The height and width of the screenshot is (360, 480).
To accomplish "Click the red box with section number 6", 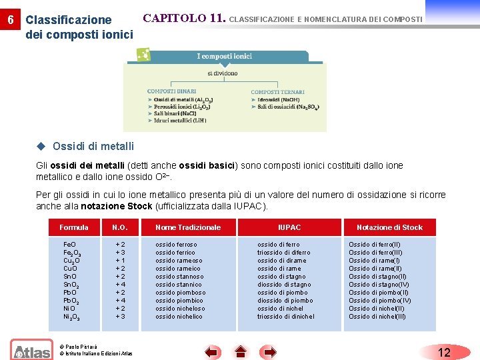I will point(9,19).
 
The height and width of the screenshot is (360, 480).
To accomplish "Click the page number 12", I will point(445,353).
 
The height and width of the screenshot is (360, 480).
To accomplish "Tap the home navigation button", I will point(241,353).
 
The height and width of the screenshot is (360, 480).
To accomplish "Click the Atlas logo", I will point(31,350).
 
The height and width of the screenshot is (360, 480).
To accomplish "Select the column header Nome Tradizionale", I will point(188,227).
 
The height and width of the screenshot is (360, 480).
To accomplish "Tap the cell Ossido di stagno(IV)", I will point(379,285).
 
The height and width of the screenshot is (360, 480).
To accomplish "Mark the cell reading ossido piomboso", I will point(180,293).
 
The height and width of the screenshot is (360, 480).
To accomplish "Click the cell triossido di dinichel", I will point(286,317).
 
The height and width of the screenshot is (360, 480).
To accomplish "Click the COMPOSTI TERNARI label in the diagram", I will point(277,92).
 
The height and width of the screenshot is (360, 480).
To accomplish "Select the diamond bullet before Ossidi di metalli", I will point(41,146).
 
